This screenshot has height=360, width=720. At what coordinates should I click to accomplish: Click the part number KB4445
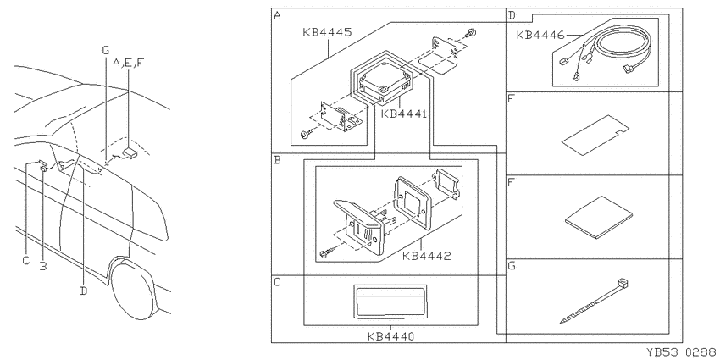click(328, 32)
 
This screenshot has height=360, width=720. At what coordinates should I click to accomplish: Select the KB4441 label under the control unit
click(403, 114)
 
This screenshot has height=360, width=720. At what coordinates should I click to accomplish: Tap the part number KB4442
click(427, 256)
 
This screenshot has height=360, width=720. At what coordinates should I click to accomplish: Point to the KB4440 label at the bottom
click(390, 336)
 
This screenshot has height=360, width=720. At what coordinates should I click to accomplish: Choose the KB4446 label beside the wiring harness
click(540, 36)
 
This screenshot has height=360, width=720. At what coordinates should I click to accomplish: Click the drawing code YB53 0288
click(683, 352)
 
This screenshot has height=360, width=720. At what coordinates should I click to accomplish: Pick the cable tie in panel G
click(594, 301)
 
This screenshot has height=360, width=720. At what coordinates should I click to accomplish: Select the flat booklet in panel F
click(599, 218)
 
